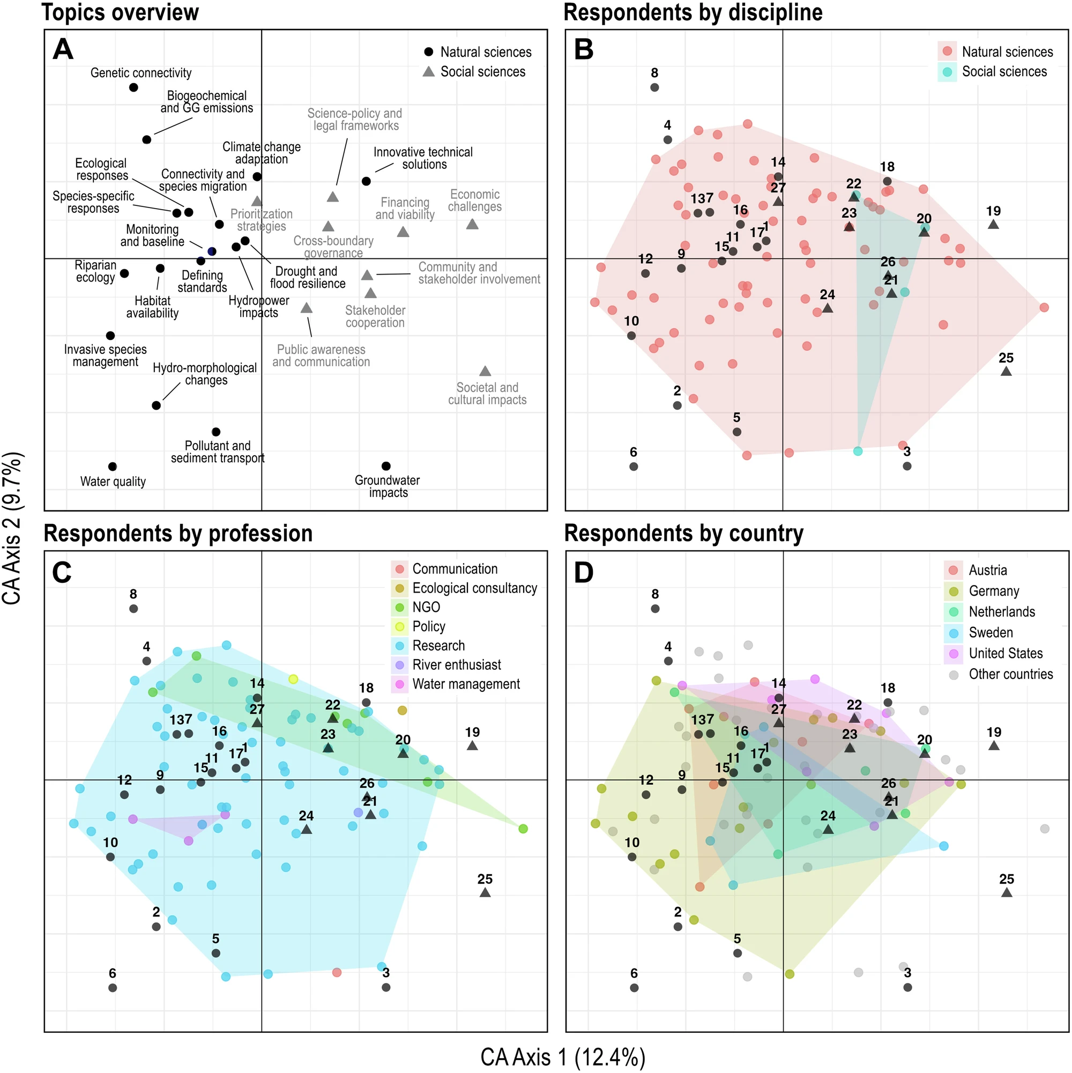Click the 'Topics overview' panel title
120,12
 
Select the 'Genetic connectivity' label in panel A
141,73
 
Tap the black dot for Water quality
113,467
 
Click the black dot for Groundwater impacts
386,466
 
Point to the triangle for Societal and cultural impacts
485,371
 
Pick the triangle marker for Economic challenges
472,224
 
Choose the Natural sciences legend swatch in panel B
947,51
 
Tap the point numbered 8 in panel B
654,87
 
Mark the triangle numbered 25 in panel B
1006,371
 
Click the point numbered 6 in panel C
113,988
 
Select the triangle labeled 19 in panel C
472,745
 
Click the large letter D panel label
584,573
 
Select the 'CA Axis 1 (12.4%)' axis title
562,1057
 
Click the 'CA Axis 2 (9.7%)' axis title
12,528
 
